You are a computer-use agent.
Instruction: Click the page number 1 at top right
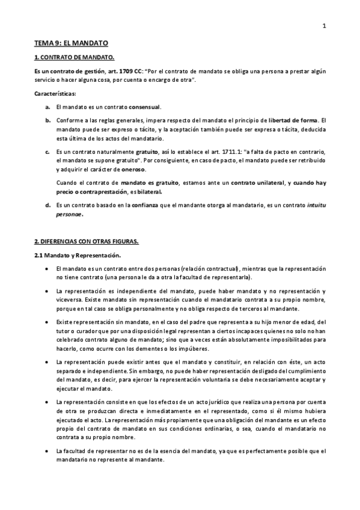coord(324,25)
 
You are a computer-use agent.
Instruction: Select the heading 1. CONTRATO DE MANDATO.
coord(74,58)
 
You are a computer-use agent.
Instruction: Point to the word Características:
coord(55,93)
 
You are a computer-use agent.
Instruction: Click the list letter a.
coord(47,106)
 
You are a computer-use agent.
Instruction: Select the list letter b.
coord(47,120)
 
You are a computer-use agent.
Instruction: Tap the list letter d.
coord(47,205)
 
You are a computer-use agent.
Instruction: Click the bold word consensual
coord(144,106)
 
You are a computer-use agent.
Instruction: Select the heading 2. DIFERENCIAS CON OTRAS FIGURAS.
coord(86,242)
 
